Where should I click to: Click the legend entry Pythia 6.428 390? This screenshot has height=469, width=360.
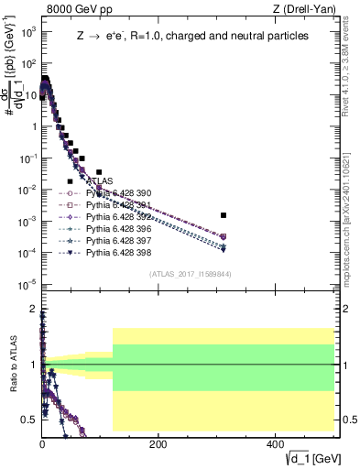[115, 193]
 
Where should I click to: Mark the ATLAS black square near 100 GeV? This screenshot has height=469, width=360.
[99, 171]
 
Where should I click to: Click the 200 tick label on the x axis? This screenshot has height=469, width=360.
[158, 443]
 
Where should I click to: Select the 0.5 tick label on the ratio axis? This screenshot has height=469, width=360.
[29, 420]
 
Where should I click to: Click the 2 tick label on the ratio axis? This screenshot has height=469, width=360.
[34, 309]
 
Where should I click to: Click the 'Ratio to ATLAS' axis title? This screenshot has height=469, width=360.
[11, 366]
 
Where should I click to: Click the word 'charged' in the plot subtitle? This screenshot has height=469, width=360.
[197, 37]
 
